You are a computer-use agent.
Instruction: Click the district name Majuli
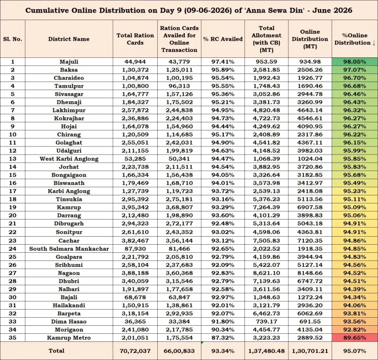(x=69, y=61)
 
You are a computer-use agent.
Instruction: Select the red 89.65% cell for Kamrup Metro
(x=355, y=338)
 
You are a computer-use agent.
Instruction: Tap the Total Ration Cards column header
(x=135, y=39)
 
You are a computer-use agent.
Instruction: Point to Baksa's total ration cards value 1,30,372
(x=135, y=70)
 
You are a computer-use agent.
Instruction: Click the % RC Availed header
(x=223, y=39)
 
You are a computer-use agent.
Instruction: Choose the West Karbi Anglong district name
(x=69, y=159)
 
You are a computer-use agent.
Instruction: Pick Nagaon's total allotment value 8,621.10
(x=267, y=273)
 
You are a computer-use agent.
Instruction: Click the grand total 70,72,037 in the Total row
(x=135, y=351)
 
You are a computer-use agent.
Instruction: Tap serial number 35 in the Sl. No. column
(x=13, y=338)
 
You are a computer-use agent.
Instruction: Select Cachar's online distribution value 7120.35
(x=310, y=241)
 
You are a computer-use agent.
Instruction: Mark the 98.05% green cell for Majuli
(x=355, y=61)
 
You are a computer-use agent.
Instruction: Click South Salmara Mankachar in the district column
(x=69, y=249)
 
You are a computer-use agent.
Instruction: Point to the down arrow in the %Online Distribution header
(x=374, y=43)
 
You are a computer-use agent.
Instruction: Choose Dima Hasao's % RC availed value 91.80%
(x=223, y=321)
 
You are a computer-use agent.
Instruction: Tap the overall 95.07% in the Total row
(x=355, y=351)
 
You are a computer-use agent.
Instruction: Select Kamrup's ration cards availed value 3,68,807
(x=179, y=207)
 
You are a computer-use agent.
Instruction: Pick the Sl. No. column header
(x=13, y=39)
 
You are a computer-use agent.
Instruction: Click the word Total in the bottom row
(x=56, y=350)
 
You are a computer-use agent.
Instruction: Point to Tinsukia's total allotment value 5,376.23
(x=267, y=199)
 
